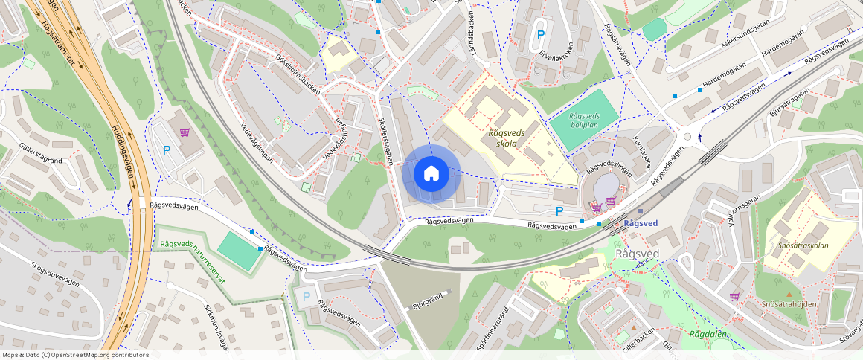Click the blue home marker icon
[x=431, y=174]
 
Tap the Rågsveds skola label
[x=507, y=138]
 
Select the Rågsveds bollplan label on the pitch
[x=584, y=121]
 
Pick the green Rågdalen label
[x=708, y=334]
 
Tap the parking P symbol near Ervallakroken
[x=541, y=35]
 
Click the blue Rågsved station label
[x=641, y=223]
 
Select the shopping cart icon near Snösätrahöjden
[x=735, y=297]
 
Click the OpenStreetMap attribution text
[x=74, y=355]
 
